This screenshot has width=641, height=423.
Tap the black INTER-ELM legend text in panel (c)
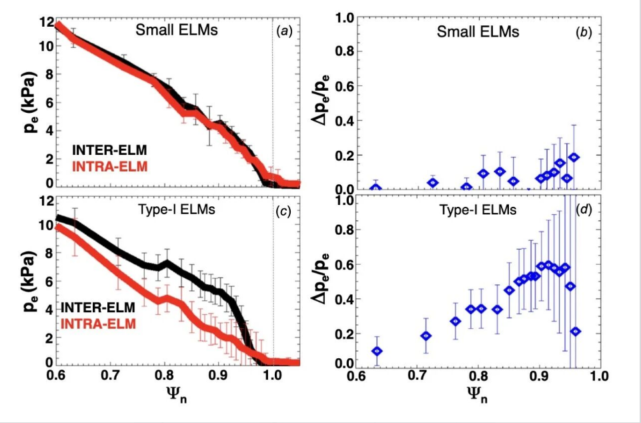[x=99, y=307]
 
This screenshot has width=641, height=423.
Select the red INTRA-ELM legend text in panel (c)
[x=99, y=324]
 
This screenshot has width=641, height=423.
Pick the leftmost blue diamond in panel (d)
[x=377, y=351]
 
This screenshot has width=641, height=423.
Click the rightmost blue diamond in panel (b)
[x=574, y=157]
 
